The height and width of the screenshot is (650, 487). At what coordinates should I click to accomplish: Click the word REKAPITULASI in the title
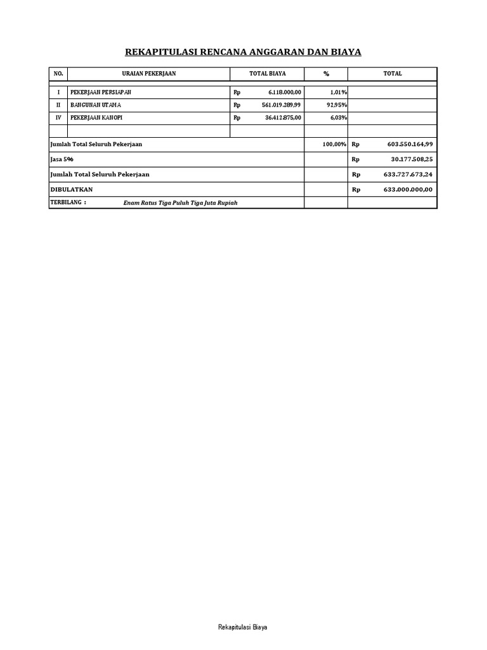click(x=161, y=52)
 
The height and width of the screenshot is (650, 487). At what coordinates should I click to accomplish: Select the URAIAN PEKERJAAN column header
click(x=149, y=74)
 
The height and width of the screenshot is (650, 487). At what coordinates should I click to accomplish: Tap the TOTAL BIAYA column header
click(x=268, y=74)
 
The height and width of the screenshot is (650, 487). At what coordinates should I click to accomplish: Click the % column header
click(x=327, y=74)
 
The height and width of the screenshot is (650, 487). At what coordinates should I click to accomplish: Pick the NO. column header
click(x=58, y=74)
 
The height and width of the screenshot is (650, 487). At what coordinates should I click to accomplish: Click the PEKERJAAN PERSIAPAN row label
click(x=101, y=93)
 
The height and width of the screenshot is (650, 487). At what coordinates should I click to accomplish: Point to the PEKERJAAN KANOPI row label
click(x=96, y=117)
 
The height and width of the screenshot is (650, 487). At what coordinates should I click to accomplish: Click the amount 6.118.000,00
click(x=281, y=93)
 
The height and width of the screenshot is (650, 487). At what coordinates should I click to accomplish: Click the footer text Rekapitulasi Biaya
click(x=243, y=627)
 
